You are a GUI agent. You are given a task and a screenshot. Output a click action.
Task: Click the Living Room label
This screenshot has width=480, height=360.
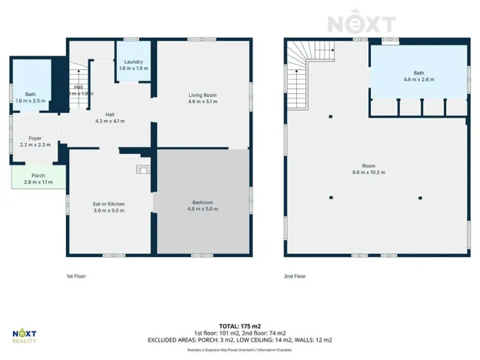click(203, 95)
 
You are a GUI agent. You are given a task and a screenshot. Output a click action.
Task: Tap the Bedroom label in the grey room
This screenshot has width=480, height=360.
click(203, 202)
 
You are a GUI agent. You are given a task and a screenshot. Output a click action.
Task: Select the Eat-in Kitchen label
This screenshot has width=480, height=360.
click(108, 204)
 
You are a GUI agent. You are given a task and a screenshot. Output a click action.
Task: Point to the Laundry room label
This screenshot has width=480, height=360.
click(134, 62)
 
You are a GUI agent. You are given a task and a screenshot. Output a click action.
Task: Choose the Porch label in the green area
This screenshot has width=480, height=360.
click(38, 175)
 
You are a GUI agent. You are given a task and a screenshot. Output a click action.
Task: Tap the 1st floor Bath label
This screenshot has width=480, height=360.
click(30, 94)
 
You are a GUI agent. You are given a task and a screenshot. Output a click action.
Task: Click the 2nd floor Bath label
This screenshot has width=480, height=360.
click(418, 73)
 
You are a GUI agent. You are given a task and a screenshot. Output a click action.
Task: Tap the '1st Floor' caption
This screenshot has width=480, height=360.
click(75, 275)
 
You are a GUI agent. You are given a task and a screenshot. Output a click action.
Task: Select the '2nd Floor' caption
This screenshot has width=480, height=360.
click(295, 275)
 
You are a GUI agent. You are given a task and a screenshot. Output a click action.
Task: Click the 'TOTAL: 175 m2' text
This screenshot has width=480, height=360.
click(239, 326)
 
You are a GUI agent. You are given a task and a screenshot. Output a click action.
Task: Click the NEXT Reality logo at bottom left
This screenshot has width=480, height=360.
click(25, 336)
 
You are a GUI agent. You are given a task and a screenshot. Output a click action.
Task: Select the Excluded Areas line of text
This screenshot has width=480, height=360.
click(239, 339)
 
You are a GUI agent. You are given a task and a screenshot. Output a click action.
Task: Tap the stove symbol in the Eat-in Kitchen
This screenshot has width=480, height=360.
click(142, 170)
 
